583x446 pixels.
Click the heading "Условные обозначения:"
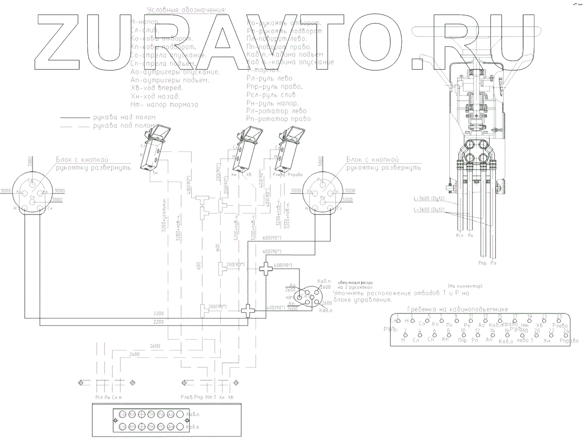[186, 10]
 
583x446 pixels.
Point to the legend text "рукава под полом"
[124, 126]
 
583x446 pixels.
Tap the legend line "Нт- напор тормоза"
[164, 105]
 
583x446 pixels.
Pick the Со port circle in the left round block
[31, 180]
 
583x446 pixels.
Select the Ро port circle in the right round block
[320, 180]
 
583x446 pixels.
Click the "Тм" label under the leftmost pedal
[155, 174]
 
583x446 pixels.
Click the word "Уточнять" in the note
[348, 293]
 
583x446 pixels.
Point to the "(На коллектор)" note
[465, 286]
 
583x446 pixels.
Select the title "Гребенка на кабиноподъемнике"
[457, 309]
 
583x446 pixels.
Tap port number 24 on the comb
[566, 331]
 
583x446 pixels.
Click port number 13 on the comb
[485, 316]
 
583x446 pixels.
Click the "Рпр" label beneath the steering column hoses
[482, 263]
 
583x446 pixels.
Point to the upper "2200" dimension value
[159, 313]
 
